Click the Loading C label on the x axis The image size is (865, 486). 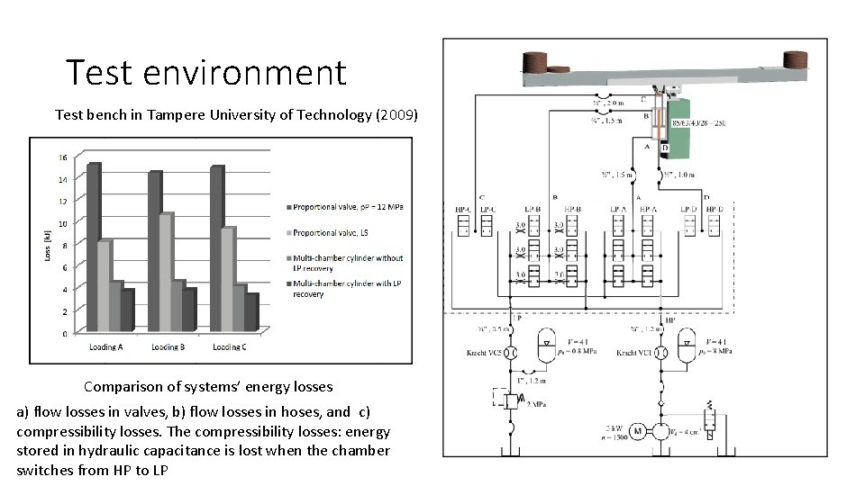pos(232,346)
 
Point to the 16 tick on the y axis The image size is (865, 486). pos(62,157)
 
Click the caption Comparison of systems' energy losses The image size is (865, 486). pos(208,387)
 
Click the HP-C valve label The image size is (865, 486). pos(464,210)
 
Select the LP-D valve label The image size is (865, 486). pos(688,210)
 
